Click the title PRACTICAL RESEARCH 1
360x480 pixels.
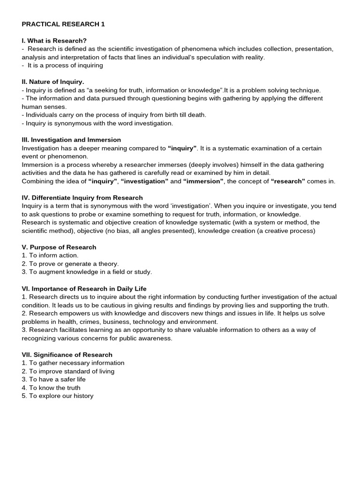coord(63,24)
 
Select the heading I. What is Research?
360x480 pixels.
coord(54,41)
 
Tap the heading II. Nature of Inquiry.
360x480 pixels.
coord(53,82)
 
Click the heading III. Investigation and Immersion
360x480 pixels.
coord(71,140)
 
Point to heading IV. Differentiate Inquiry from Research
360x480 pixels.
coord(82,198)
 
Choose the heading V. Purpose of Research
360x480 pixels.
coord(59,247)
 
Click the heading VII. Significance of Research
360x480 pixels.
coord(67,355)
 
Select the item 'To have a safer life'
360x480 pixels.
coord(54,379)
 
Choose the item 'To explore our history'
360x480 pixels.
coord(58,396)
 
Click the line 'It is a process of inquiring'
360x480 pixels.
coord(62,66)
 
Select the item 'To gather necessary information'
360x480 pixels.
coord(73,363)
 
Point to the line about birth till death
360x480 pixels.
coord(114,115)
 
